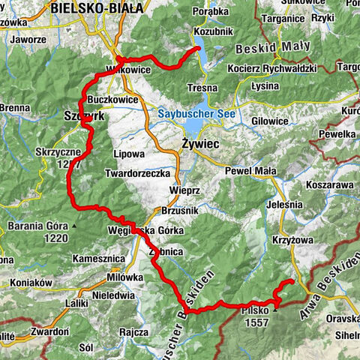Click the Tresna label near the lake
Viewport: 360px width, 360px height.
(x=202, y=88)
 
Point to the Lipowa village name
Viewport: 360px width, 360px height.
(x=127, y=153)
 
